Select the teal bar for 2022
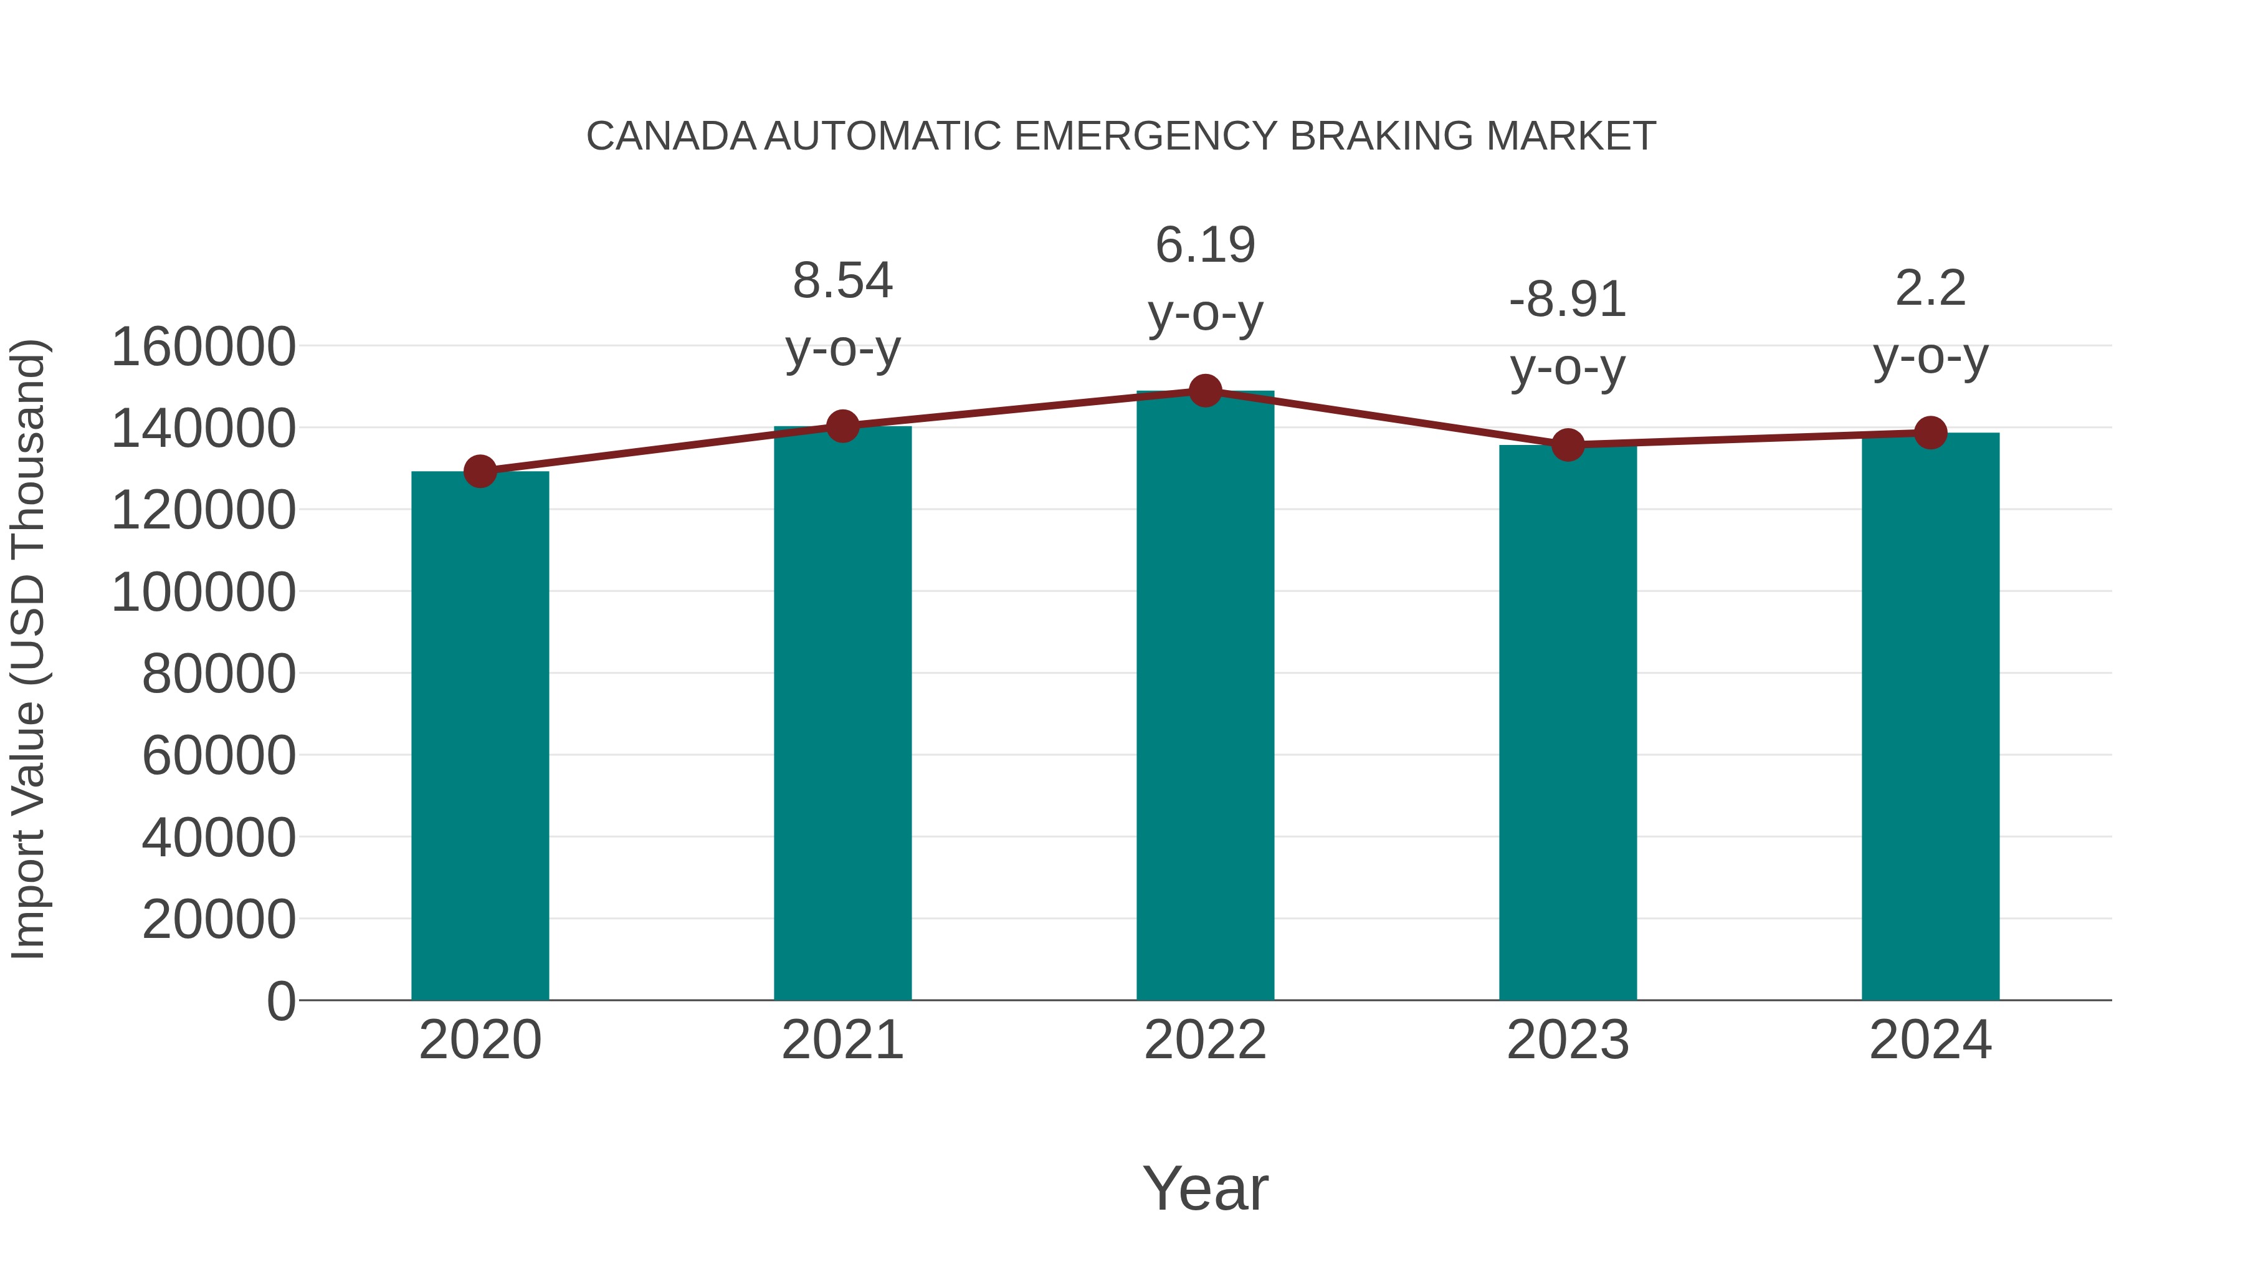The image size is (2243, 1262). tap(1205, 697)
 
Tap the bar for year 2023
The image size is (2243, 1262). tap(1568, 723)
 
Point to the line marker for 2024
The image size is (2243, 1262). tap(1930, 433)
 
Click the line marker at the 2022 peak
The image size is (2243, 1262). tap(1205, 391)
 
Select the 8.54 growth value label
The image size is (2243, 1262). tap(842, 281)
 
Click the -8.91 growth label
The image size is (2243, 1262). tap(1568, 300)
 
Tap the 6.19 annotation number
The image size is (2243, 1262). tap(1205, 245)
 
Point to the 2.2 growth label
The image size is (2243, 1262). tap(1930, 289)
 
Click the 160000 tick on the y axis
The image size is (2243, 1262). tap(204, 347)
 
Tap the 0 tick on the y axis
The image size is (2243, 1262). tap(280, 1001)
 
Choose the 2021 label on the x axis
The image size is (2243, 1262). tap(842, 1040)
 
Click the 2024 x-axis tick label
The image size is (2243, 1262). tap(1930, 1040)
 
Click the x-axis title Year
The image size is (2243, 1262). tap(1205, 1188)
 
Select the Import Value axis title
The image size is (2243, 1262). tap(28, 649)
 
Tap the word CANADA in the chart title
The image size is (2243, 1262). tap(671, 136)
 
